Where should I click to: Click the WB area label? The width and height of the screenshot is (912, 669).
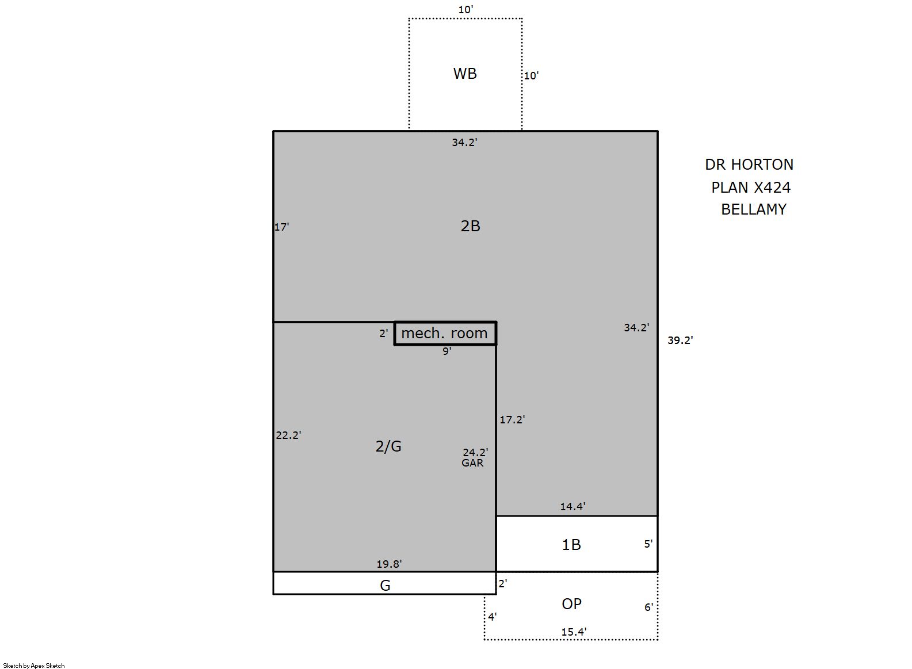click(464, 74)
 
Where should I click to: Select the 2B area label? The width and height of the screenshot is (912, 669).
click(470, 226)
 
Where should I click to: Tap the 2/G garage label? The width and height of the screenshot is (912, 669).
click(388, 446)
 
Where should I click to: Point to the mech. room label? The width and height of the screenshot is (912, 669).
click(444, 333)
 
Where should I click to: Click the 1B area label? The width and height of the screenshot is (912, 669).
click(571, 545)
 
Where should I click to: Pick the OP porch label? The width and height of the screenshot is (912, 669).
click(571, 604)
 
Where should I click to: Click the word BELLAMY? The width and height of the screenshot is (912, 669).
click(754, 209)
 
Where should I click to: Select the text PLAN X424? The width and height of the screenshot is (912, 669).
click(751, 187)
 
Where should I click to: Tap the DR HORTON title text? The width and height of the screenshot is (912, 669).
click(749, 165)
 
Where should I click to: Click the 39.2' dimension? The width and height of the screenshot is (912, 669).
click(680, 340)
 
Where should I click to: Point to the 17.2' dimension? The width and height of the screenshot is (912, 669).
click(512, 419)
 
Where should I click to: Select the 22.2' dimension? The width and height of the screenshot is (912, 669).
click(288, 435)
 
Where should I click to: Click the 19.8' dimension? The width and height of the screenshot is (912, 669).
click(389, 564)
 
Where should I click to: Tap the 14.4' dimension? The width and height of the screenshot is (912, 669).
click(573, 506)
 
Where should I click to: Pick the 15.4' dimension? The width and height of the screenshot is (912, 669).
click(574, 632)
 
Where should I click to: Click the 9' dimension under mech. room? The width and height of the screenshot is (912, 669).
click(447, 351)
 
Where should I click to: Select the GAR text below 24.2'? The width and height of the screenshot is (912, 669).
click(472, 462)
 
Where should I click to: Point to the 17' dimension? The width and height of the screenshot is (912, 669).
click(281, 227)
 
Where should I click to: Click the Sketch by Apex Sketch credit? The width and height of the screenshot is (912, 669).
click(34, 666)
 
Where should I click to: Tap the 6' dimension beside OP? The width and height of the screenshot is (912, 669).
click(648, 607)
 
